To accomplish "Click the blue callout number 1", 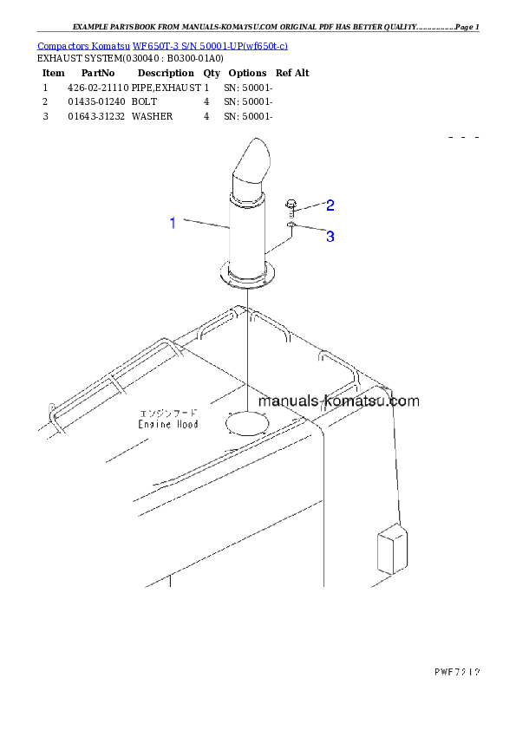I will (173, 224).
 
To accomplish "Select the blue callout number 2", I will (330, 205).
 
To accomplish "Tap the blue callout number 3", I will (330, 236).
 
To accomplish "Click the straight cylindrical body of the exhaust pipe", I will (246, 230).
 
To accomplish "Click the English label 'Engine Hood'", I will (168, 424).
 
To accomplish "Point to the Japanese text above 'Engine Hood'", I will (168, 413).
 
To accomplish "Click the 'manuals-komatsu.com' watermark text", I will (338, 401).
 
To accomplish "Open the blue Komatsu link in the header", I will (163, 45).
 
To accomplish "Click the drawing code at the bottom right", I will (457, 671).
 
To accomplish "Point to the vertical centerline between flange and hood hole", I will (247, 347).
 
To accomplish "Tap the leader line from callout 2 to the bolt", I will (311, 206).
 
